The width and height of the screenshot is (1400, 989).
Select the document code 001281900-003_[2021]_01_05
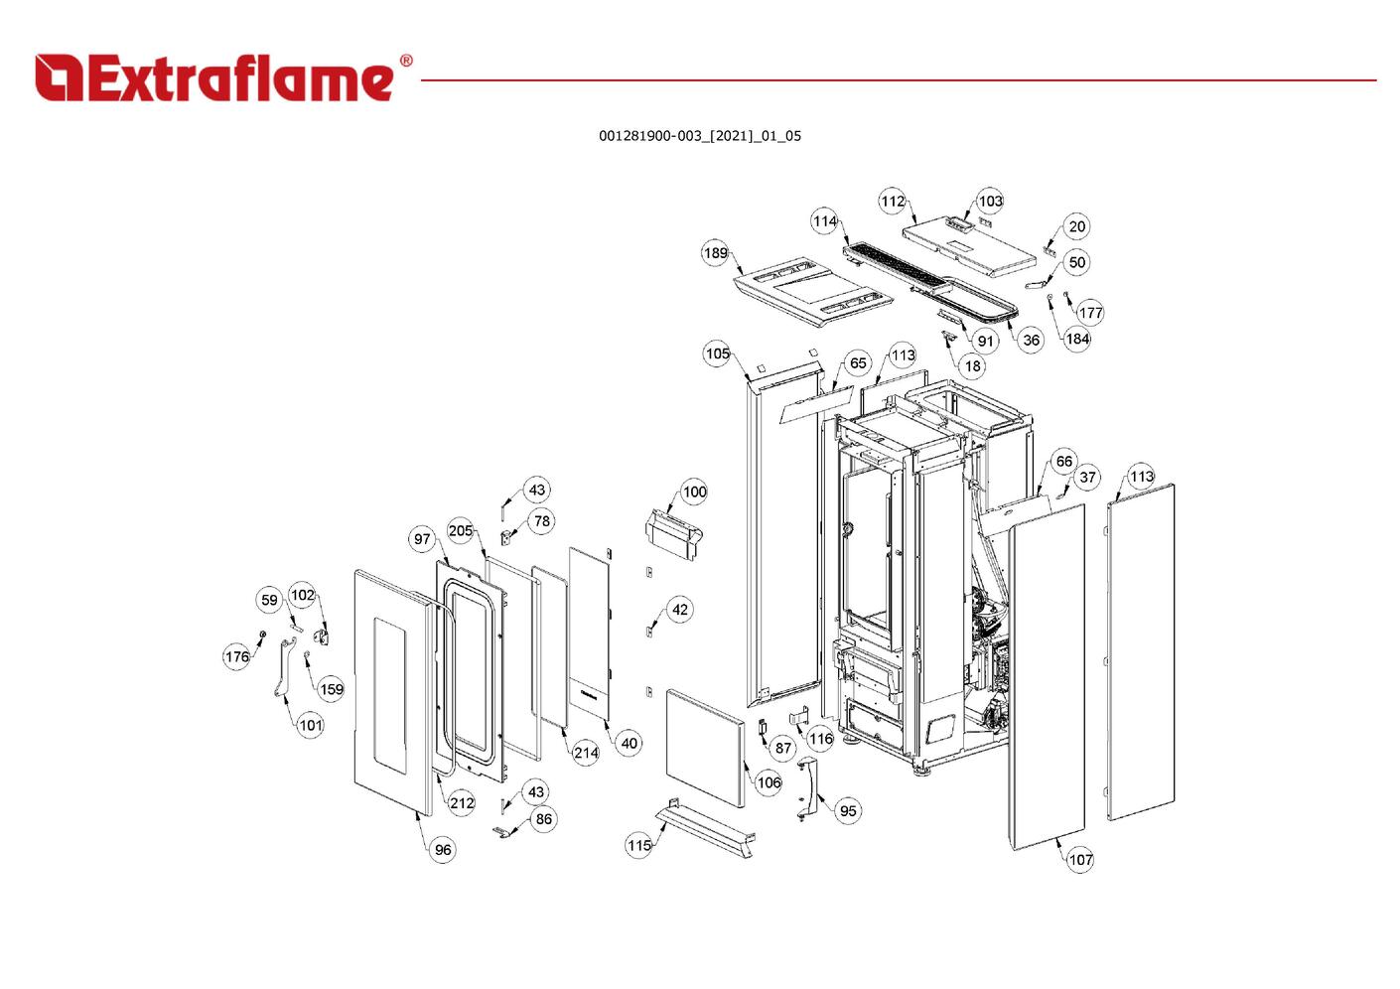tap(699, 136)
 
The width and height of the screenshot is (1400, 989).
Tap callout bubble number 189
tap(715, 253)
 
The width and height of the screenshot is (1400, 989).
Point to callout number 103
tap(990, 202)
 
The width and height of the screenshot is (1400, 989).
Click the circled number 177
tap(1090, 313)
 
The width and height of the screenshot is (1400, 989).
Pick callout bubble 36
tap(1031, 341)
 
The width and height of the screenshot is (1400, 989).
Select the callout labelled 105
tap(717, 353)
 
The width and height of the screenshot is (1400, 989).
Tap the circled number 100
tap(694, 493)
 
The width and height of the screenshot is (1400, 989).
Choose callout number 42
tap(679, 610)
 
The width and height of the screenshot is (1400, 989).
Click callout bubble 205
tap(461, 531)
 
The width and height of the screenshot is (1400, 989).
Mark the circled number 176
tap(236, 656)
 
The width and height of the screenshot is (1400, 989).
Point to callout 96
tap(443, 850)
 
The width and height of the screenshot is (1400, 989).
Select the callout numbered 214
tap(586, 753)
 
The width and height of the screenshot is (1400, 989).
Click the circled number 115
tap(638, 846)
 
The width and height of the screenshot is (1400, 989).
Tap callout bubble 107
tap(1080, 860)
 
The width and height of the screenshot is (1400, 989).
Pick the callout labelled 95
tap(847, 811)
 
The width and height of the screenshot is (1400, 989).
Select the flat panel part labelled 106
tap(705, 747)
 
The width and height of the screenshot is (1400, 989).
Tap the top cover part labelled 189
tap(809, 292)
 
